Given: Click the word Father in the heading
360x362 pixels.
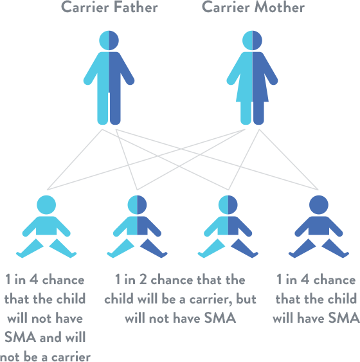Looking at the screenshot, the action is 136,7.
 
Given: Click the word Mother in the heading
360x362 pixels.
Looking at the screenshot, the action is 280,7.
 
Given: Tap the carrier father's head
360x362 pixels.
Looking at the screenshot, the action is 109,41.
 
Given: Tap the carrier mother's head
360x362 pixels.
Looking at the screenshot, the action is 252,41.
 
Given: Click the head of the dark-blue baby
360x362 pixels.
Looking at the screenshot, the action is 319,204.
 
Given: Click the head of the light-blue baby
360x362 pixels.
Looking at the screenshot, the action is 46,204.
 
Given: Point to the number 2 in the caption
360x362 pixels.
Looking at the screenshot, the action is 143,280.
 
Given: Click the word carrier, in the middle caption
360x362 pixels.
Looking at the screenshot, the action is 211,300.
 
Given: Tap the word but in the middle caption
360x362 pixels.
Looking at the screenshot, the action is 246,299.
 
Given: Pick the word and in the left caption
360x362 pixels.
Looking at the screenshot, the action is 51,337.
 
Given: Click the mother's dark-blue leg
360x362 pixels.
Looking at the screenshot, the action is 258,113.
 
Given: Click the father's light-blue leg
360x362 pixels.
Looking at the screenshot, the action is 103,109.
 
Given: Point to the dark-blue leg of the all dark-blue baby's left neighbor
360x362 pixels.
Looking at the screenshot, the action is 245,248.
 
